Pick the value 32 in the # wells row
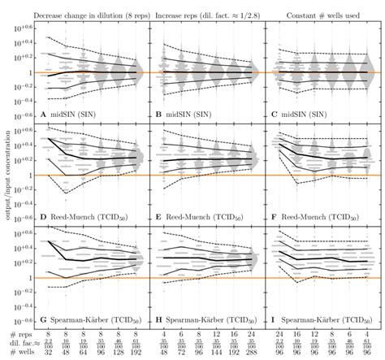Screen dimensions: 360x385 (50, 354)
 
